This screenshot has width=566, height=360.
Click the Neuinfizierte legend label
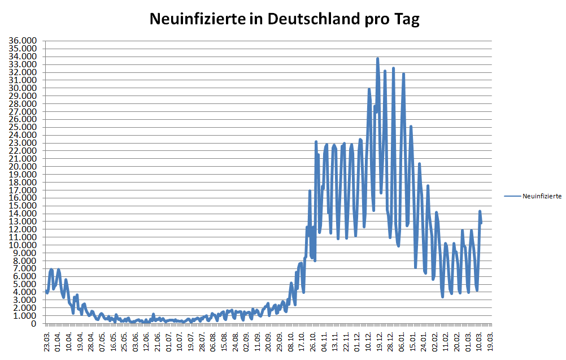542,196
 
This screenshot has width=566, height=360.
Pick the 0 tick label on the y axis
35,324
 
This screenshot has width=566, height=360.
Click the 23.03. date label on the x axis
47,341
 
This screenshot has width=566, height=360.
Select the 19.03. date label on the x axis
490,341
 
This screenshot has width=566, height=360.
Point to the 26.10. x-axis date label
314,341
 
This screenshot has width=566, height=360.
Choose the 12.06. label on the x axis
147,341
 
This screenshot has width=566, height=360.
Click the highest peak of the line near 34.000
377,58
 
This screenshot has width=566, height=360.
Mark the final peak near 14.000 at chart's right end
480,211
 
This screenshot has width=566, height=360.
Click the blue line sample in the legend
512,196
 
